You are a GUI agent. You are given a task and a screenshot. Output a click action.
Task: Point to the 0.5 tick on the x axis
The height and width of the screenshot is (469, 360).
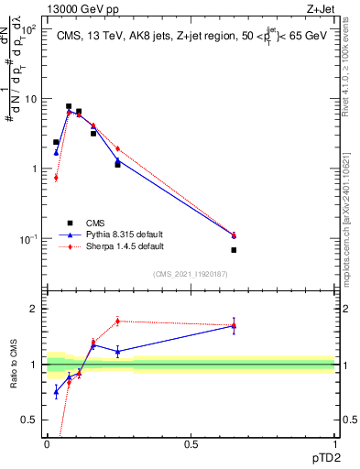(x=191, y=443)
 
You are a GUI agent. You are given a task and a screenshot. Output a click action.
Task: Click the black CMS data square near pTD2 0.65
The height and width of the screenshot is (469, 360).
(x=234, y=250)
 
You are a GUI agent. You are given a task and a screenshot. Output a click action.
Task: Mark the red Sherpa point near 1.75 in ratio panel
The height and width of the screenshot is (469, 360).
(x=117, y=321)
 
